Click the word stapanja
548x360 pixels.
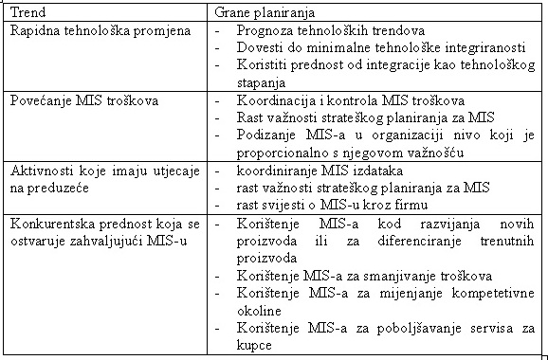pos(266,83)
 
